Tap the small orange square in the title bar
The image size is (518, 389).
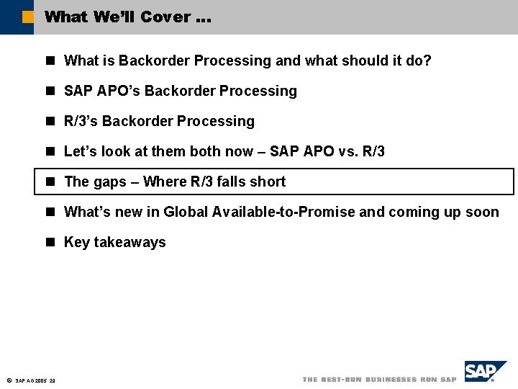28,17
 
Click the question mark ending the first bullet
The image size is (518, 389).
427,61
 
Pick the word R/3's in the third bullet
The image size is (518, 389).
81,121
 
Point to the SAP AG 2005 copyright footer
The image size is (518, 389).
35,380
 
